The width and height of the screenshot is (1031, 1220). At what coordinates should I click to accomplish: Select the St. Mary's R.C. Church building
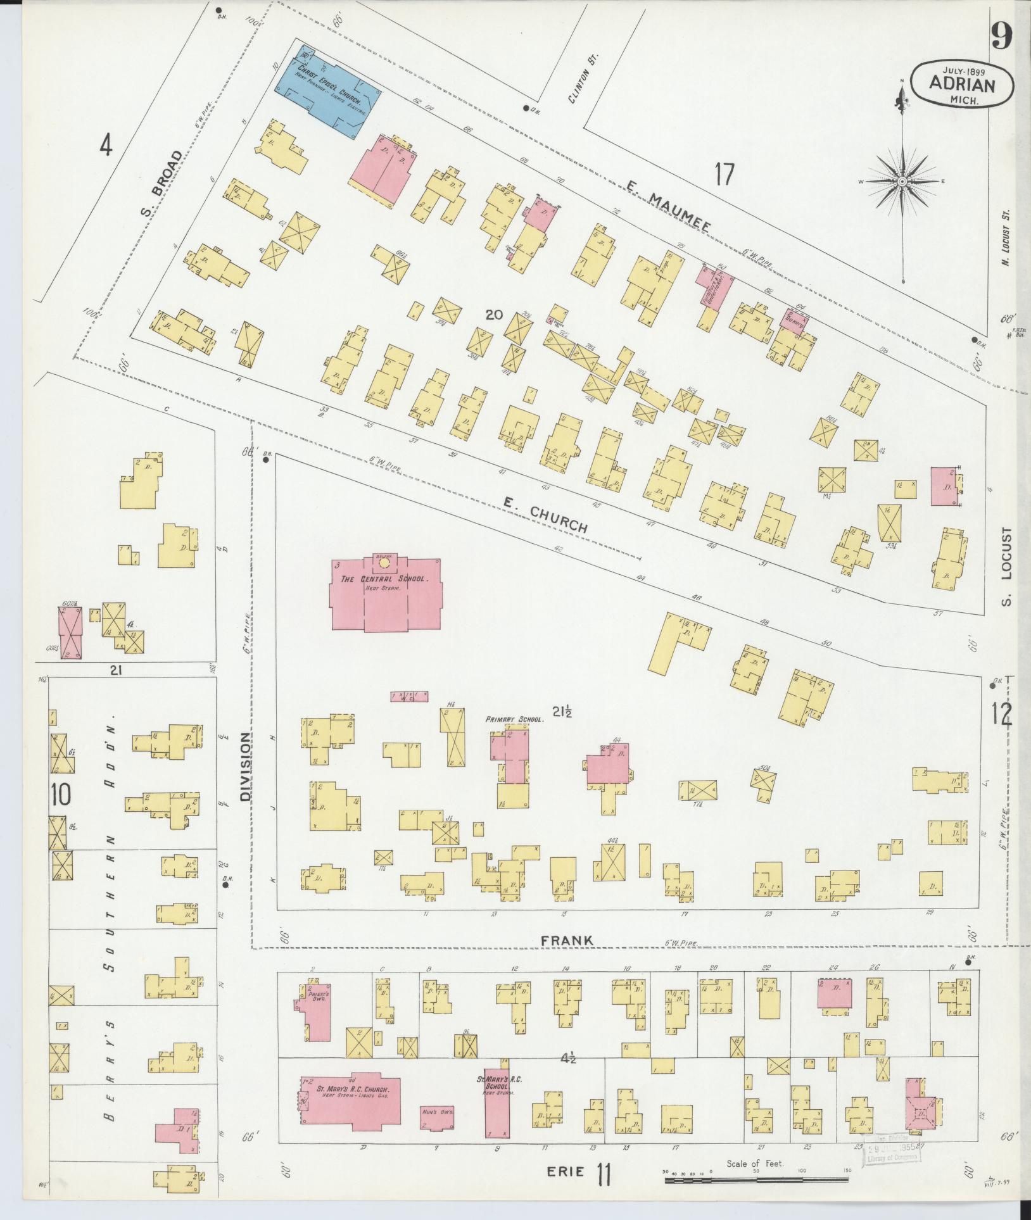(x=350, y=1107)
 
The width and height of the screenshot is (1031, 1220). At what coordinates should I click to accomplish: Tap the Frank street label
(x=567, y=959)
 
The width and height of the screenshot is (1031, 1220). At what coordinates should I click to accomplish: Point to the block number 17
(x=724, y=174)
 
